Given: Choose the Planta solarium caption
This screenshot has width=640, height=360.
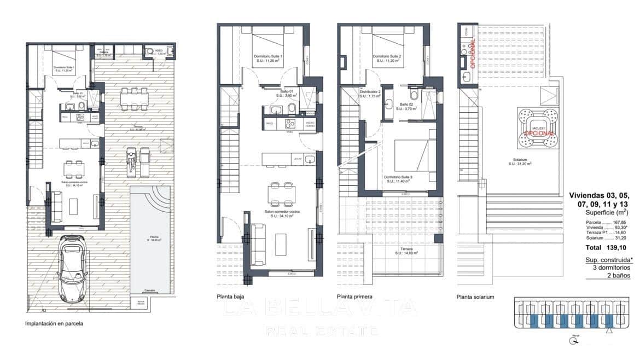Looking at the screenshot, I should click(x=475, y=297).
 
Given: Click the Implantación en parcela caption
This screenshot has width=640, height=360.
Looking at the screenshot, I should click(x=54, y=323).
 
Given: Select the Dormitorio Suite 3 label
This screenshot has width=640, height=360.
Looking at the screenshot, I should click(x=398, y=178).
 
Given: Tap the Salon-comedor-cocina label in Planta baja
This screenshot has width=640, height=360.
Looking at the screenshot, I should click(x=282, y=213).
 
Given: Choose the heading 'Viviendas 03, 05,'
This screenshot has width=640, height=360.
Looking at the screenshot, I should click(x=599, y=195).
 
